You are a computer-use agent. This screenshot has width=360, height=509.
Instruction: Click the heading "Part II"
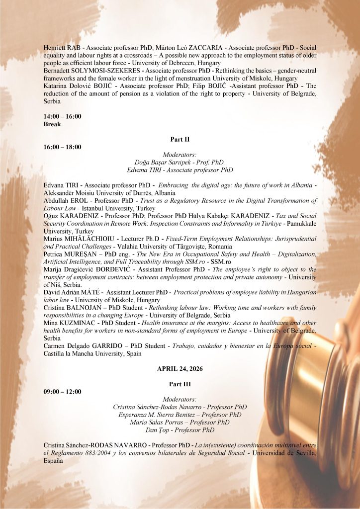point(180,139)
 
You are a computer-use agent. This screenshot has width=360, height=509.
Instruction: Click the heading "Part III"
point(180,384)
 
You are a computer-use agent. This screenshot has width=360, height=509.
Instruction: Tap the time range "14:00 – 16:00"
point(63,116)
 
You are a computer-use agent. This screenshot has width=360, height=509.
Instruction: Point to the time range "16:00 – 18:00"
point(63,147)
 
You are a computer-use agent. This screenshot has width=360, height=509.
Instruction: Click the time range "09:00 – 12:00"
point(63,391)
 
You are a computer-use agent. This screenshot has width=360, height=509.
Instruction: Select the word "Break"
point(52,124)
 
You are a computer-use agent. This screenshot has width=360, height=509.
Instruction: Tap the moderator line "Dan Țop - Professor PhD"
point(180,430)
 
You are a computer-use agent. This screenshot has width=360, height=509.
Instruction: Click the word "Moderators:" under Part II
point(180,155)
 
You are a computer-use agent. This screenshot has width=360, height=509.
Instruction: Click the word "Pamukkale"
point(301,224)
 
